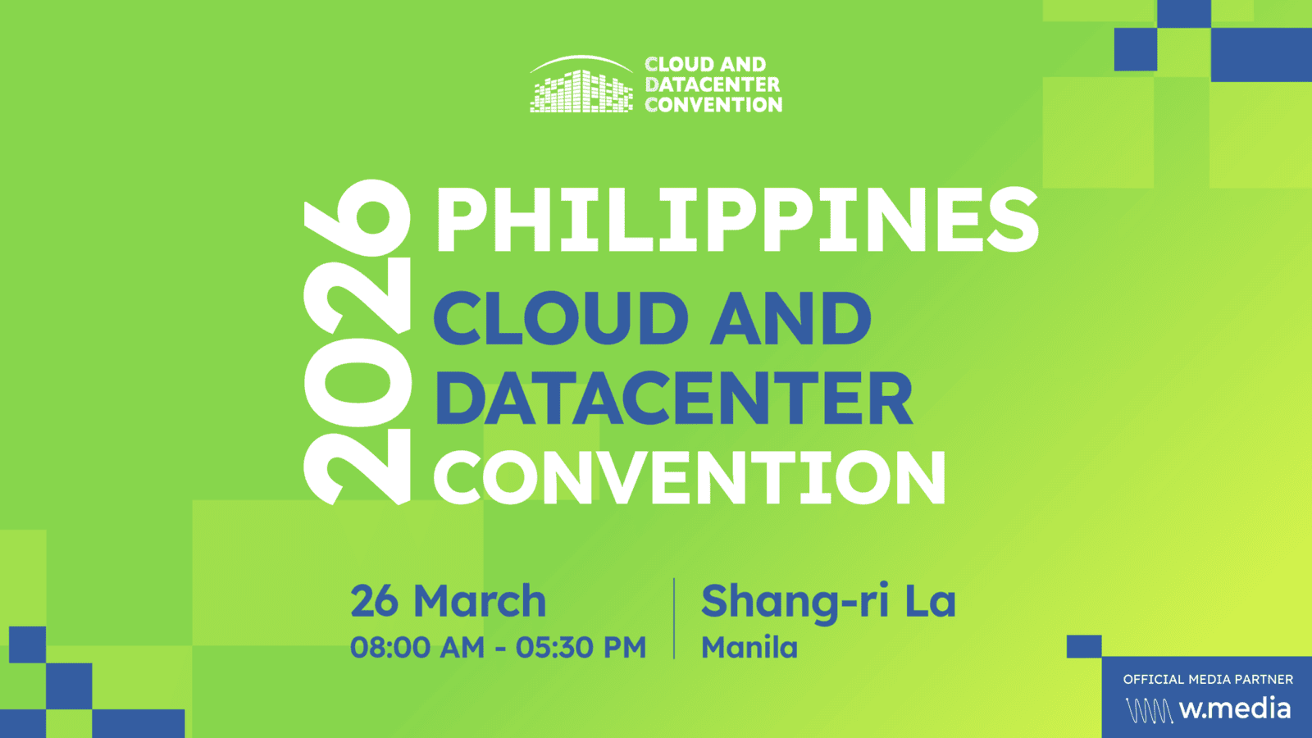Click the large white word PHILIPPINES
tap(737, 220)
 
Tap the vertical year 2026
tap(358, 341)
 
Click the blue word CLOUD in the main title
tap(561, 319)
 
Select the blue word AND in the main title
tap(790, 319)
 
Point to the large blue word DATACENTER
tap(673, 399)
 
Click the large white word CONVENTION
tap(690, 477)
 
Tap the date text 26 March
tap(448, 601)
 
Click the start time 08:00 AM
tap(417, 648)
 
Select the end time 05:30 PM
tap(581, 648)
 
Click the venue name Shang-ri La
tap(828, 602)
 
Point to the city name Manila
tap(749, 648)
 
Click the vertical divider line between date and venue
tap(674, 618)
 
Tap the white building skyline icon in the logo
tap(581, 84)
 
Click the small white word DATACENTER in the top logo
tap(713, 84)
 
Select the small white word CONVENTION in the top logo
tap(713, 105)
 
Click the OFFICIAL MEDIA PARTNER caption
tap(1208, 680)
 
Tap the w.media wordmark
tap(1235, 708)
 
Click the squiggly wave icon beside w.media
tap(1149, 710)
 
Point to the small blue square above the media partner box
tap(1084, 647)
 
